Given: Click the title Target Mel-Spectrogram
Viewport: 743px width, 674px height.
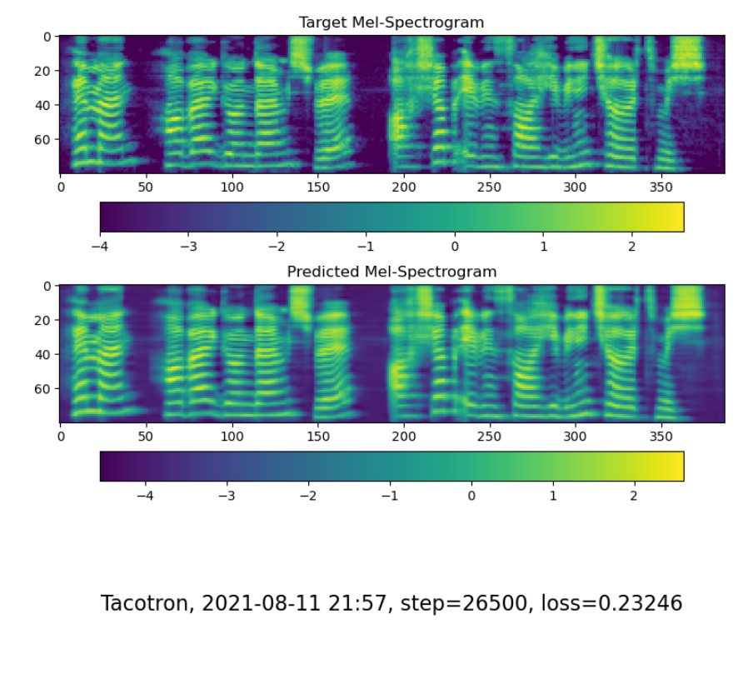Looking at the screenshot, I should pos(391,22).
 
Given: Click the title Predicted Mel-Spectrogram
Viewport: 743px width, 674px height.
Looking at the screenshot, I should pos(391,272).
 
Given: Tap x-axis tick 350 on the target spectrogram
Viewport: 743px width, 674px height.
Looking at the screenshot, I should pos(661,188).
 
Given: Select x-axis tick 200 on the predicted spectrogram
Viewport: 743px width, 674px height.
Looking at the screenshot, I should pos(404,437).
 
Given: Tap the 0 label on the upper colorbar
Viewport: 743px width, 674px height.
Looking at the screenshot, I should pos(455,247).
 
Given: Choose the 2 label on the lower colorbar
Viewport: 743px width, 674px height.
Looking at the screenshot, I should pos(634,496).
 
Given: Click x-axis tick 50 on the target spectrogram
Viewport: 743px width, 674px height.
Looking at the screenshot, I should pos(146,188).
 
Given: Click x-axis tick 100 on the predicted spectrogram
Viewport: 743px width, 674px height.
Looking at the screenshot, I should pos(232,437).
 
